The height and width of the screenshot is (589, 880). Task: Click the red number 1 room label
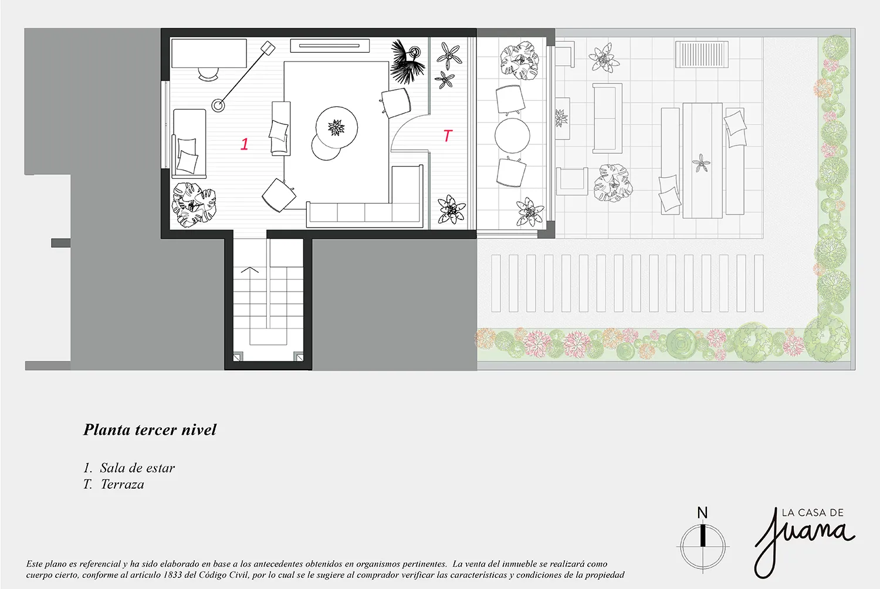[245, 143]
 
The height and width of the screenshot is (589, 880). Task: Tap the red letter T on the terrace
[448, 136]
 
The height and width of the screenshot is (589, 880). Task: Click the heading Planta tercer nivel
[150, 429]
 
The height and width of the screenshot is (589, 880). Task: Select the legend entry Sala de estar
[137, 468]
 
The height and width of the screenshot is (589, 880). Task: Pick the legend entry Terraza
[122, 484]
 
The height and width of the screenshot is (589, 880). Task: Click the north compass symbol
[702, 545]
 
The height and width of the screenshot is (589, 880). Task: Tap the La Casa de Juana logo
[804, 539]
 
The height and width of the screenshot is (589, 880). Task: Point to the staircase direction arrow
[250, 270]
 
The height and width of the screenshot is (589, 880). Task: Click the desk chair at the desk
[208, 73]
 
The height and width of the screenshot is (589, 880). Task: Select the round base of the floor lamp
[218, 106]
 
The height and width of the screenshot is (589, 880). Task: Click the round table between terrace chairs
[512, 136]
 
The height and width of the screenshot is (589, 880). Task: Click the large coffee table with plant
[337, 126]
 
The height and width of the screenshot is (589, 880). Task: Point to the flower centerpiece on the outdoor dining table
[701, 163]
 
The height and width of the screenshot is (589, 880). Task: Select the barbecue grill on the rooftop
[702, 54]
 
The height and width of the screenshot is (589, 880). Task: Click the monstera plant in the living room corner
[194, 205]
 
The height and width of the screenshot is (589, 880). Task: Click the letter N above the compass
[702, 513]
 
